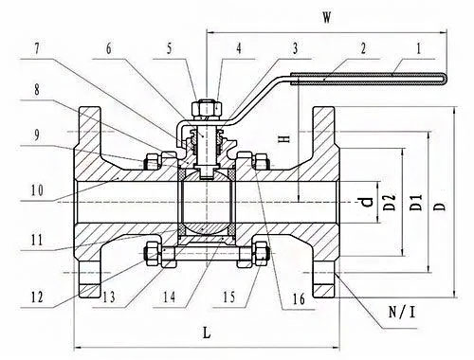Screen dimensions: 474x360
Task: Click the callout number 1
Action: (419, 49)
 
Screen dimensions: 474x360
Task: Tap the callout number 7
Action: (37, 49)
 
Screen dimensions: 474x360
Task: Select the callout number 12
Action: (37, 297)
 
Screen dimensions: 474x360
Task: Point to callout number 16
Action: (299, 298)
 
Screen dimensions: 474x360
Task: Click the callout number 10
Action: (37, 190)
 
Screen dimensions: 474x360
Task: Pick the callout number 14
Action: (169, 297)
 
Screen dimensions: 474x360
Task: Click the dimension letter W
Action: (327, 18)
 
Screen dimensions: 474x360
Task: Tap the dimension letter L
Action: (207, 333)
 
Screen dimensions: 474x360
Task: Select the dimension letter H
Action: (285, 138)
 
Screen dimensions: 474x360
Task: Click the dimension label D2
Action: (391, 203)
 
